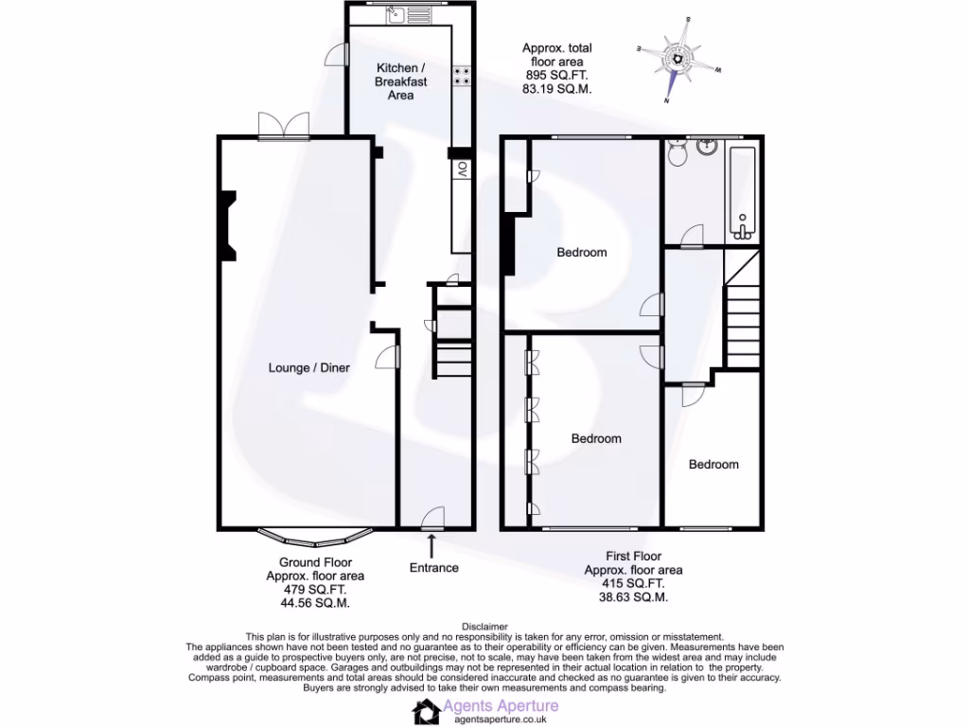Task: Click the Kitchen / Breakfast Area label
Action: [401, 81]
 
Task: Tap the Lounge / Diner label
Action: [304, 367]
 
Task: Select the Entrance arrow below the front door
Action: [432, 544]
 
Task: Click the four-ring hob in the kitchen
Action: [462, 76]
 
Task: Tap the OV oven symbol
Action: [462, 169]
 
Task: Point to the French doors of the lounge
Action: [284, 126]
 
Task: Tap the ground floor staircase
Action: [451, 341]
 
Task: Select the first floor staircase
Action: [743, 312]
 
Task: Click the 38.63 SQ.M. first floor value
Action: [633, 597]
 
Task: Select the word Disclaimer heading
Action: [484, 627]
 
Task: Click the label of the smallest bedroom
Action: [713, 464]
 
